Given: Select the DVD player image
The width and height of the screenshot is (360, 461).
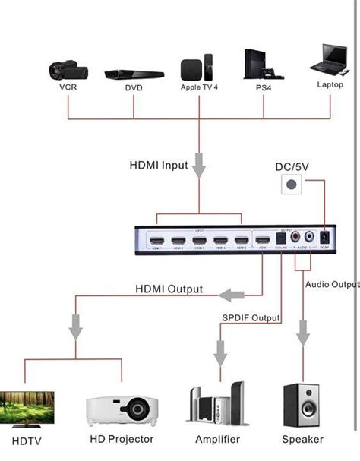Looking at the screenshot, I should [x=134, y=74].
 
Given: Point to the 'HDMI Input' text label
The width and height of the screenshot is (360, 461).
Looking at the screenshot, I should [x=158, y=166].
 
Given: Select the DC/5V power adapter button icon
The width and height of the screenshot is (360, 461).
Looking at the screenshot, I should [x=291, y=185].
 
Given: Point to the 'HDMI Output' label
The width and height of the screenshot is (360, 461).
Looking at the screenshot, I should [x=169, y=289].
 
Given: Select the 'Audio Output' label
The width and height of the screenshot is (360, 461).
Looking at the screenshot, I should [x=331, y=284].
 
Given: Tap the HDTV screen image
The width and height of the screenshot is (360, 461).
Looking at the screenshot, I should [x=27, y=408].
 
